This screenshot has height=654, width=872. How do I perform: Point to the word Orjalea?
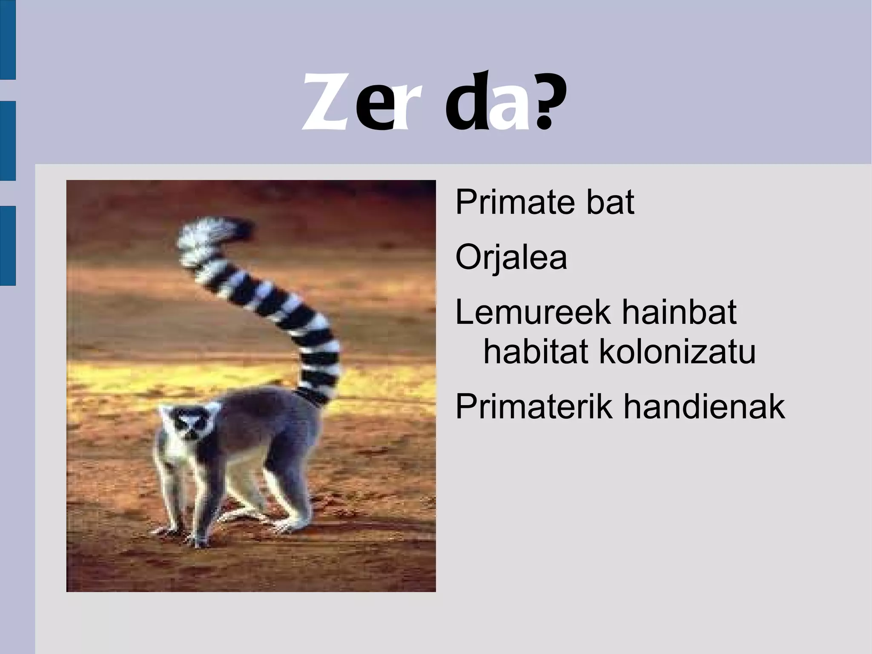pos(511,258)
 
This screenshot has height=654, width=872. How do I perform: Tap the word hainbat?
pos(679,313)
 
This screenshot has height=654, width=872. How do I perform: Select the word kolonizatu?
pos(677,352)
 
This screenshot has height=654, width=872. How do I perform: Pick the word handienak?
pos(704,407)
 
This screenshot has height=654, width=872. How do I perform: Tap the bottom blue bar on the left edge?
pos(8,245)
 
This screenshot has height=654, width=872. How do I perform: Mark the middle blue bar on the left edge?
pos(8,141)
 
